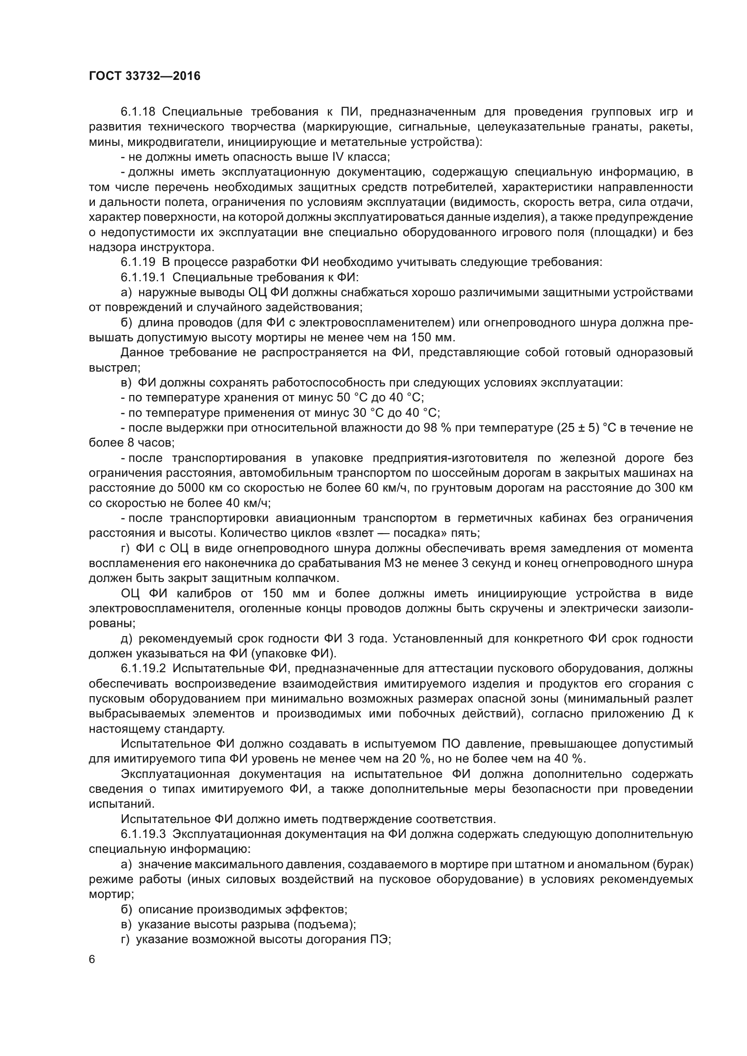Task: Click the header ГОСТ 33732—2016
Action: (145, 76)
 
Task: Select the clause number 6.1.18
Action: (138, 112)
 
